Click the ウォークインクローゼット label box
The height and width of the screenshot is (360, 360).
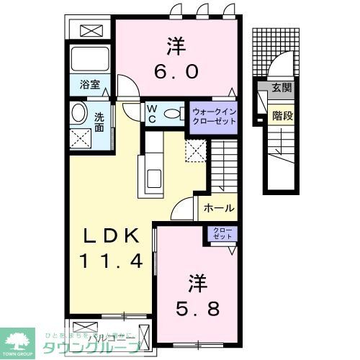coord(213,115)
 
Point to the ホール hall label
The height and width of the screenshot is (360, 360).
coord(217,208)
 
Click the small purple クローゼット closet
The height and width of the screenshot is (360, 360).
coord(219,233)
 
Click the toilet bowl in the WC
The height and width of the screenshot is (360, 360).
coord(173,113)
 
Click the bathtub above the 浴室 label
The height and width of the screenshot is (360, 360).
coord(90,59)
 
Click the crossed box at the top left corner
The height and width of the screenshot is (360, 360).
coord(91,31)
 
